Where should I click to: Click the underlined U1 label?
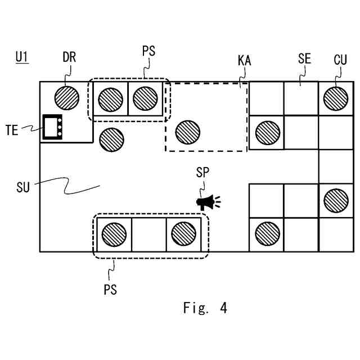pyautogui.click(x=22, y=57)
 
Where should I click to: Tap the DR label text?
pyautogui.click(x=69, y=57)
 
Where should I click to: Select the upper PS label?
pyautogui.click(x=148, y=51)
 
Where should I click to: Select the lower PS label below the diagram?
pyautogui.click(x=110, y=290)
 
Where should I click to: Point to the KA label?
pyautogui.click(x=244, y=61)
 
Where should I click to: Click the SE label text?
pyautogui.click(x=304, y=58)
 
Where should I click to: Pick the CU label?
pyautogui.click(x=340, y=60)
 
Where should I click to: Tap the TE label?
pyautogui.click(x=12, y=130)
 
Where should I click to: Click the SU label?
pyautogui.click(x=23, y=187)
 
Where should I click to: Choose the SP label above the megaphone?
pyautogui.click(x=202, y=172)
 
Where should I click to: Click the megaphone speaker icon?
pyautogui.click(x=208, y=202)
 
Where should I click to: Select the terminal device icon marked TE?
pyautogui.click(x=52, y=127)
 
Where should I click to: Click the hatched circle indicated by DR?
pyautogui.click(x=67, y=98)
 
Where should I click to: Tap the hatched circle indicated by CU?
pyautogui.click(x=336, y=98)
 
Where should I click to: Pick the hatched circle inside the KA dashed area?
pyautogui.click(x=188, y=132)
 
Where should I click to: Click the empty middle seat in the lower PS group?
pyautogui.click(x=149, y=235)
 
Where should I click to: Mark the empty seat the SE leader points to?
pyautogui.click(x=301, y=99)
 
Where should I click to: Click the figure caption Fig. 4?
pyautogui.click(x=205, y=308)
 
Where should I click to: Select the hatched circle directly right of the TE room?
pyautogui.click(x=111, y=139)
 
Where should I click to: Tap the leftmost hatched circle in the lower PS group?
pyautogui.click(x=114, y=235)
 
